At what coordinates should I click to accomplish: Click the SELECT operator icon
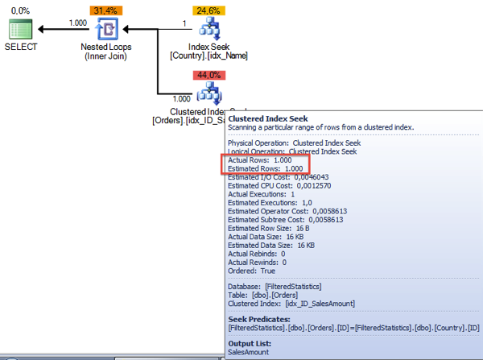tap(21, 31)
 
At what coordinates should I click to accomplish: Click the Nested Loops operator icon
tap(107, 31)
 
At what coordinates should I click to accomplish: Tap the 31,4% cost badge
tap(106, 10)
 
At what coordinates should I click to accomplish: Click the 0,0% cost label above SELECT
tap(21, 10)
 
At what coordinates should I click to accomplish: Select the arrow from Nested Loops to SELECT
tap(64, 31)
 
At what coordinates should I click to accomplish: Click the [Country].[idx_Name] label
tap(209, 56)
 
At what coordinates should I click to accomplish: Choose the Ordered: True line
tap(251, 271)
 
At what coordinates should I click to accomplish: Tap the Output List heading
tap(250, 343)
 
